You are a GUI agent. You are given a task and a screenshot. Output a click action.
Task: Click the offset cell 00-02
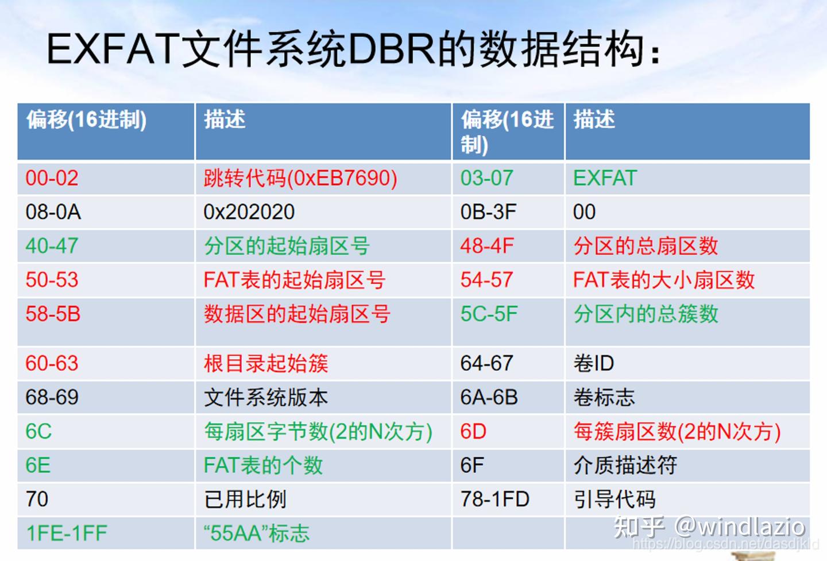[52, 178]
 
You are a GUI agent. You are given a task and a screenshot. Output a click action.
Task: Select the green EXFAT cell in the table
[605, 178]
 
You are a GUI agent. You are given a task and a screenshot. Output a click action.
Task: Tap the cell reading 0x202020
[249, 212]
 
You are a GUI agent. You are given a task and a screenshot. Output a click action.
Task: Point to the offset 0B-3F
[488, 212]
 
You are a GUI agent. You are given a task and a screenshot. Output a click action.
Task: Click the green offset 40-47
[52, 246]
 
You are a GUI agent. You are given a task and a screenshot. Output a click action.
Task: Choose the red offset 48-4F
[487, 246]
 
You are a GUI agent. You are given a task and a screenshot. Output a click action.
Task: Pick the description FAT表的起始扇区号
[294, 280]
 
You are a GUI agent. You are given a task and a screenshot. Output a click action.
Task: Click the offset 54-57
[486, 280]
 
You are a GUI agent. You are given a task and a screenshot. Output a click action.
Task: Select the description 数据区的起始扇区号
[297, 314]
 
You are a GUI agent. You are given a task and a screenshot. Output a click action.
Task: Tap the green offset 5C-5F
[489, 314]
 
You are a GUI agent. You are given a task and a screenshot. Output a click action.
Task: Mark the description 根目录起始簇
[266, 363]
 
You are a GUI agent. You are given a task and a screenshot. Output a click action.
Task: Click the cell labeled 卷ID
[593, 363]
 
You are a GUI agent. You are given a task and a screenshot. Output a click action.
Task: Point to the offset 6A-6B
[489, 397]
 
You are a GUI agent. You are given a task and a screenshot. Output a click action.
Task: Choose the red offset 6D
[473, 431]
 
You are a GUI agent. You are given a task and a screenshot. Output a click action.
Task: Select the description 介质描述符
[625, 465]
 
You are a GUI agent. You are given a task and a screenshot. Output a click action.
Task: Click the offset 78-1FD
[494, 499]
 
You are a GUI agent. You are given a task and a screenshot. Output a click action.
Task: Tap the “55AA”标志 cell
[256, 533]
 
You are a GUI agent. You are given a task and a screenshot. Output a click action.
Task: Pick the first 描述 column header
[225, 120]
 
